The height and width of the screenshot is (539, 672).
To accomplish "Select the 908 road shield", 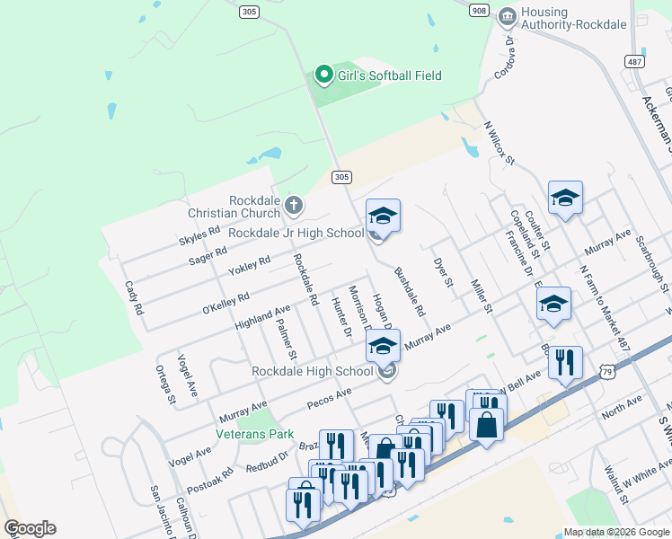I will click(x=480, y=9).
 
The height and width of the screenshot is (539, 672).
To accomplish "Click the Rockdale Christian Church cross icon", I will click(x=293, y=207).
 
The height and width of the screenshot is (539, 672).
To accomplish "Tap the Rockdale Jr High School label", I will click(x=296, y=233).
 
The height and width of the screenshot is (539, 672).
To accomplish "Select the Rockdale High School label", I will click(x=312, y=371).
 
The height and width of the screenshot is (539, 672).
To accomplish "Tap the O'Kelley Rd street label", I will click(x=225, y=303).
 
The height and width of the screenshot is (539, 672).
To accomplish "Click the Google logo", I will click(x=30, y=528).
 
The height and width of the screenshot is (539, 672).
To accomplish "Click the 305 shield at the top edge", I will click(x=249, y=12).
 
